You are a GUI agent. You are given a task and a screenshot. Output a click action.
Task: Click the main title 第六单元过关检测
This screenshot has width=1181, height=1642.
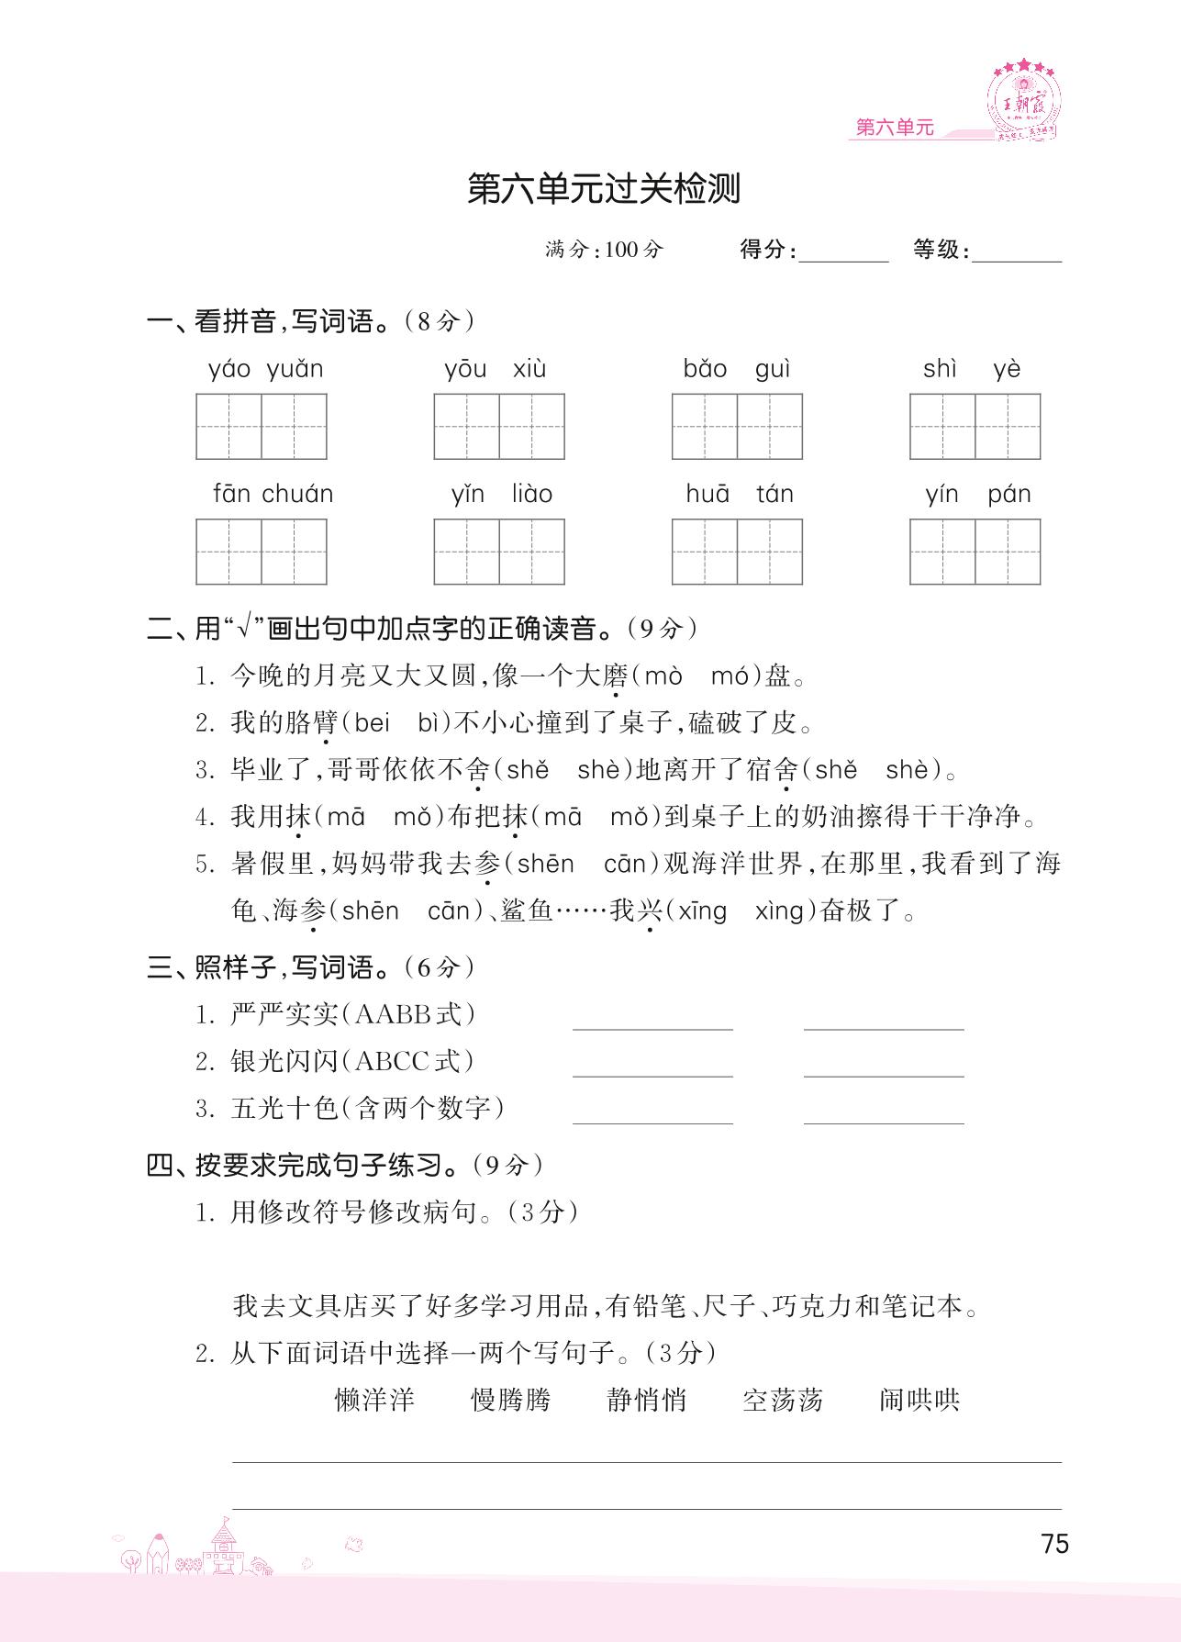pyautogui.click(x=603, y=189)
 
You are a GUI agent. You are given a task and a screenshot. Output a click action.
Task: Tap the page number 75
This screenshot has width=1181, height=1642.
pyautogui.click(x=1055, y=1544)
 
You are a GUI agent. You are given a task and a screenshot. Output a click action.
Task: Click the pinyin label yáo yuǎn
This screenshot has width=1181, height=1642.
pyautogui.click(x=265, y=370)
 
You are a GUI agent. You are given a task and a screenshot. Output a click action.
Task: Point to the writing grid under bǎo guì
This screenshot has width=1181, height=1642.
pyautogui.click(x=737, y=427)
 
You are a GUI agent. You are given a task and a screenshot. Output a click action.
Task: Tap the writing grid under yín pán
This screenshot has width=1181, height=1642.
pyautogui.click(x=975, y=552)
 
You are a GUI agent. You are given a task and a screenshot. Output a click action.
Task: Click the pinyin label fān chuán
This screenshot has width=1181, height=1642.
pyautogui.click(x=273, y=495)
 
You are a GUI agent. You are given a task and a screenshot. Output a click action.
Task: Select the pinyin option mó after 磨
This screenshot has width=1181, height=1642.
pyautogui.click(x=730, y=677)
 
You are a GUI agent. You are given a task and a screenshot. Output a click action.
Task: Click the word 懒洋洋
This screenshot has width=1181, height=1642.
pyautogui.click(x=374, y=1401)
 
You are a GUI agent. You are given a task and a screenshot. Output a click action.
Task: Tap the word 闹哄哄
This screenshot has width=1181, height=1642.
pyautogui.click(x=919, y=1401)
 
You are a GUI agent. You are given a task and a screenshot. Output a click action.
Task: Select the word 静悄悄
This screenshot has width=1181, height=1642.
pyautogui.click(x=646, y=1401)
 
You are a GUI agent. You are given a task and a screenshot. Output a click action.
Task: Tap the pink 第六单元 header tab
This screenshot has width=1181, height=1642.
pyautogui.click(x=894, y=128)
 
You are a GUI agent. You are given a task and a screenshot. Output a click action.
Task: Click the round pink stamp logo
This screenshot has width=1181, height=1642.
pyautogui.click(x=1024, y=101)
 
